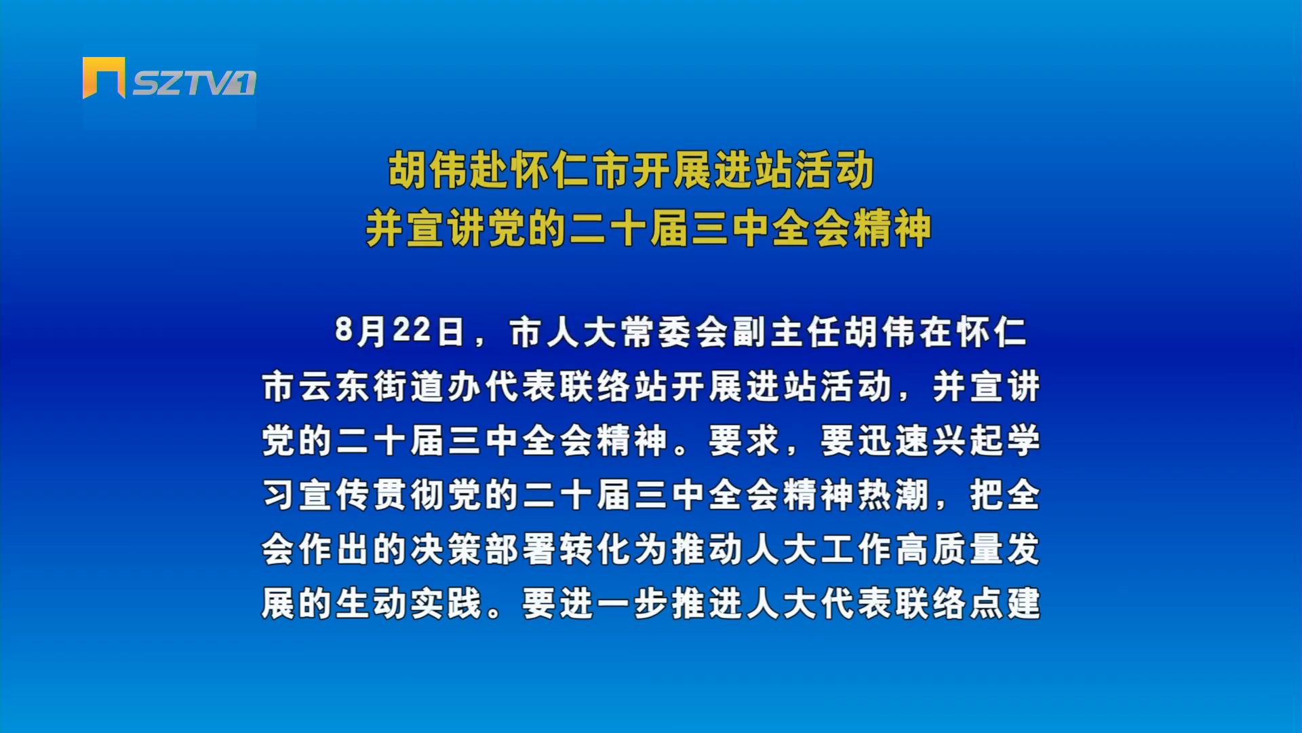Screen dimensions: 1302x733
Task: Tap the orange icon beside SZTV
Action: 104,77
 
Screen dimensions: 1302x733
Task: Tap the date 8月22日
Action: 399,332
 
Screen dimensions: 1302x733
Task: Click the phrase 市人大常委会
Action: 618,332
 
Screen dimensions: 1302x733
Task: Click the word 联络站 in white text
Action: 614,386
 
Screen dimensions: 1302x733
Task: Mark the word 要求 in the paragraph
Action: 744,440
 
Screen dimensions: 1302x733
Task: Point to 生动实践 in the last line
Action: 409,603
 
